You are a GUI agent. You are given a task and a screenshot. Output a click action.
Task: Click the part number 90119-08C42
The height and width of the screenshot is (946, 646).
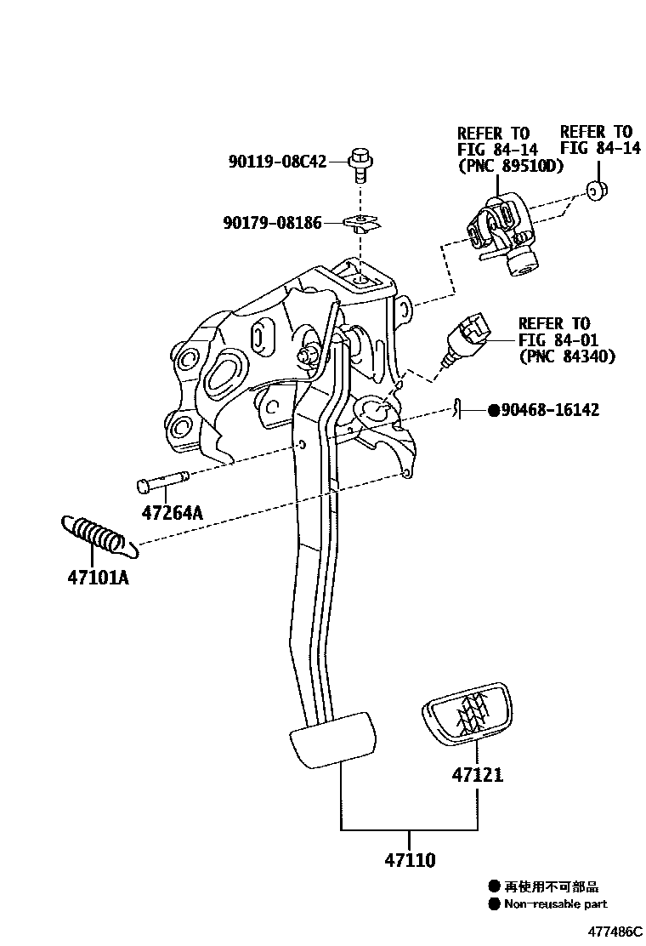tap(276, 162)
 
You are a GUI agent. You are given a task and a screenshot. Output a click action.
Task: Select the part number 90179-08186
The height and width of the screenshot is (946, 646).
tap(272, 224)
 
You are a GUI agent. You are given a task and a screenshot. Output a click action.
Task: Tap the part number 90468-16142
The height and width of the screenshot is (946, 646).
tap(549, 411)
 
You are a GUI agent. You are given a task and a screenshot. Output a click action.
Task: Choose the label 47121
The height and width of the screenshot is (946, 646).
tap(477, 775)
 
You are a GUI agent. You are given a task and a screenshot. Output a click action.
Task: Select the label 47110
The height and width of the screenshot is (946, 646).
tap(409, 860)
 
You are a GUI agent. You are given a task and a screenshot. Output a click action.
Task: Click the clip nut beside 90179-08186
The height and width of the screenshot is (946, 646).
tap(362, 224)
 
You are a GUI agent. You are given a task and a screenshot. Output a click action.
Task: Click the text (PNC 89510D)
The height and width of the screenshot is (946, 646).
tap(510, 166)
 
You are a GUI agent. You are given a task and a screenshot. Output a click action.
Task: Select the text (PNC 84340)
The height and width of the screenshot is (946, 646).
tap(566, 356)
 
